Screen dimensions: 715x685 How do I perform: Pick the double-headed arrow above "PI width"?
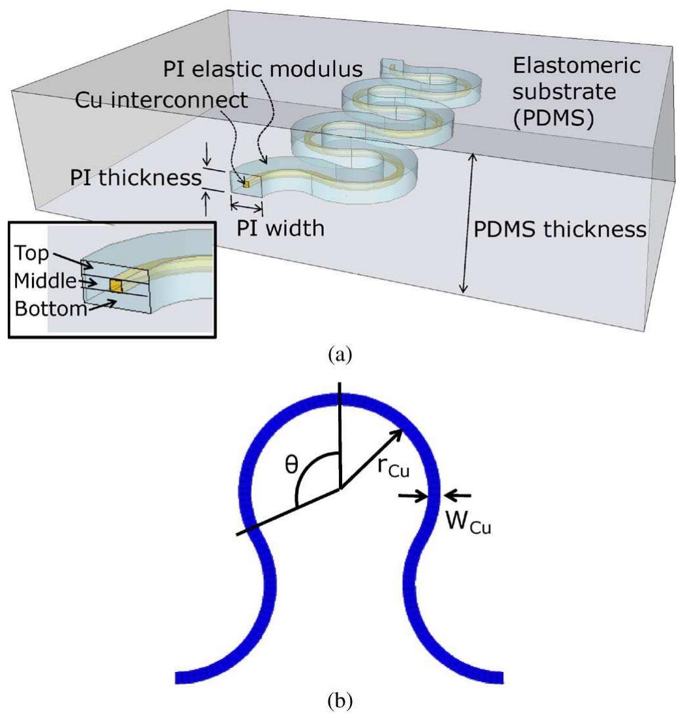[246, 207]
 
